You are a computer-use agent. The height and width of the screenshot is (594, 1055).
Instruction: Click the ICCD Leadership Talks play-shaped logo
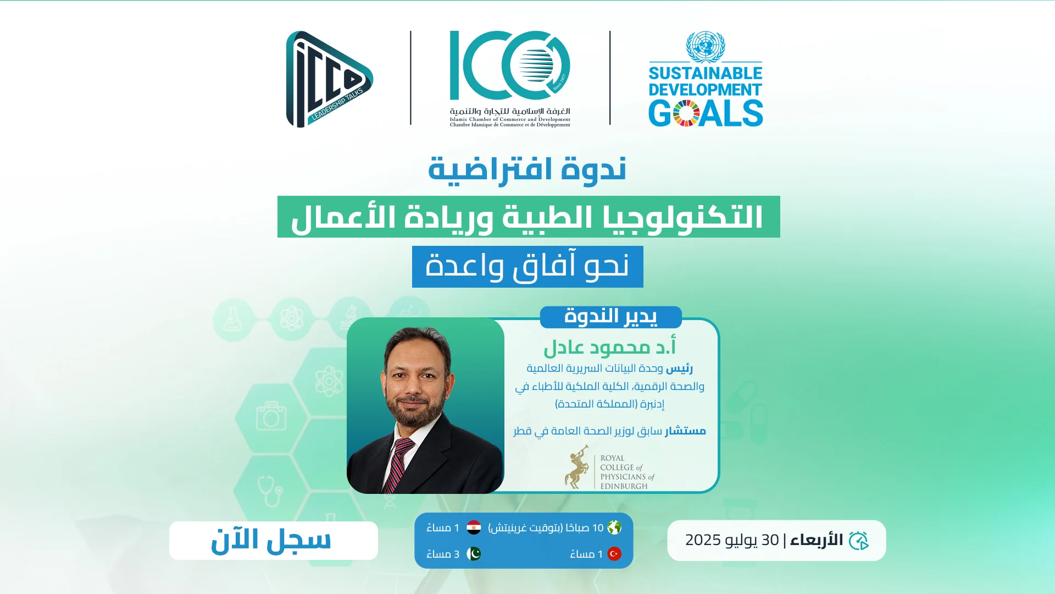pos(329,79)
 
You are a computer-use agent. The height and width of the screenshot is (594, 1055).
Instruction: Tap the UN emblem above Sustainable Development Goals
pos(706,47)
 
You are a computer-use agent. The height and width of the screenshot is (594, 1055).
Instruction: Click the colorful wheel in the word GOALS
pos(686,113)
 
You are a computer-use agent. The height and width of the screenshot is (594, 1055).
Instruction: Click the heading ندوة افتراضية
pos(527,170)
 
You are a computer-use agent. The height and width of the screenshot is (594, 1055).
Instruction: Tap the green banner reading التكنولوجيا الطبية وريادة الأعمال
pos(529,217)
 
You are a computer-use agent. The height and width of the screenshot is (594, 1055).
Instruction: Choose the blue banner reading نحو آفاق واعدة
pos(527,267)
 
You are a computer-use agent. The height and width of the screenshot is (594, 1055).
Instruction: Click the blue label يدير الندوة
pos(610,317)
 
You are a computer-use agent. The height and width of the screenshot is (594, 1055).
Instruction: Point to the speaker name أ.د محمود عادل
pos(609,348)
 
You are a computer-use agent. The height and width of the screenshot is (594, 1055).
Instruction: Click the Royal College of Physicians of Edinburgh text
pos(627,472)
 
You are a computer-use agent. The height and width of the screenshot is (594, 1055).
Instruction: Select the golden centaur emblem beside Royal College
pos(576,468)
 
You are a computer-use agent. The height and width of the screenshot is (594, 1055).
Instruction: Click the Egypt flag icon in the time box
pos(474,528)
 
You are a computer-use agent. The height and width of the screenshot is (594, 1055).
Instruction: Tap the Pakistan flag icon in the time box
pos(474,554)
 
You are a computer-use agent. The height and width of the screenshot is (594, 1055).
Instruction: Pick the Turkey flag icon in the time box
pos(614,554)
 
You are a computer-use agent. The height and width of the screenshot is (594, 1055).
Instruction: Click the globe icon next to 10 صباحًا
pos(614,528)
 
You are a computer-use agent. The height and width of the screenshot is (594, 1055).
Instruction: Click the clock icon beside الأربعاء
pos(859,541)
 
